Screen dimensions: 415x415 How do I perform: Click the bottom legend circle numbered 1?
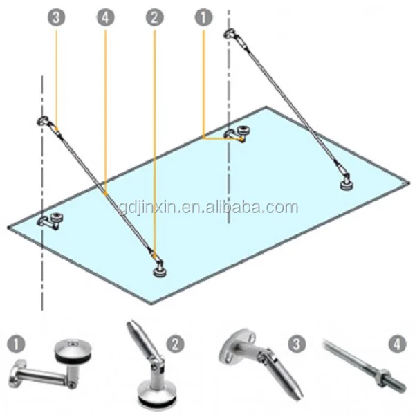click(16, 342)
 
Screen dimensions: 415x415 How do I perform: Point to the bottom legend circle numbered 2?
click(178, 342)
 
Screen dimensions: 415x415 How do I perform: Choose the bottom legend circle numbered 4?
click(396, 342)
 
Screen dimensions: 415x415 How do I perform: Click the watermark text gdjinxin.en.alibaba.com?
click(207, 207)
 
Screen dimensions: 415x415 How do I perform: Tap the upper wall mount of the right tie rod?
click(230, 35)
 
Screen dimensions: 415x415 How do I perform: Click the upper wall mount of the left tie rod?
click(45, 122)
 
